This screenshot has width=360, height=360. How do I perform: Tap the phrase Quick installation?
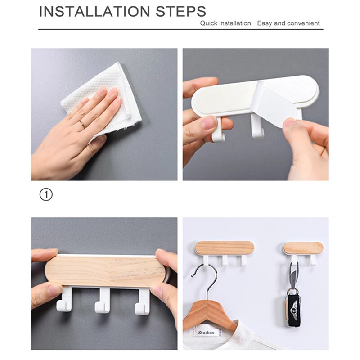[225, 23]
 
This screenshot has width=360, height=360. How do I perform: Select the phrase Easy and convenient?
[288, 23]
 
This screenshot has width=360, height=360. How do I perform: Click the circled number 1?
[46, 194]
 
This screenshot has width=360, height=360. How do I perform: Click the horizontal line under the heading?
[180, 30]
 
